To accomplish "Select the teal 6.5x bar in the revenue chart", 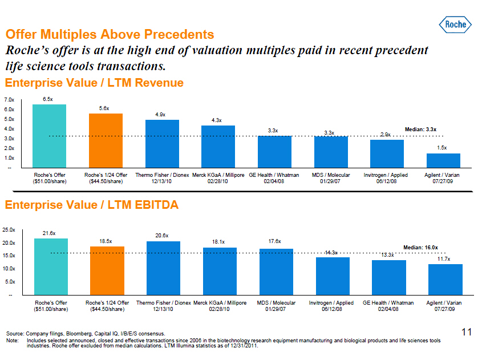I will point(49,136).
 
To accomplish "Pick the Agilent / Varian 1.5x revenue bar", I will point(443,161).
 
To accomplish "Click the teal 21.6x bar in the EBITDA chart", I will point(51,266).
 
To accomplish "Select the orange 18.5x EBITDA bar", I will point(107,270).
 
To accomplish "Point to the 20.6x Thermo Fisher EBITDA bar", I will point(163,268).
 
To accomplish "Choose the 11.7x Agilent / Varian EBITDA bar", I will point(445,280).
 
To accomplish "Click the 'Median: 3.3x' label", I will point(420,130).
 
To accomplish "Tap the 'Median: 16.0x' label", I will point(420,248).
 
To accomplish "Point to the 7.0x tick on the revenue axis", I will point(9,100).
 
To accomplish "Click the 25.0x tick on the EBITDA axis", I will point(9,230).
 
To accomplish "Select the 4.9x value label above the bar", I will point(161,115).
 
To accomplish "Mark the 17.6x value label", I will point(274,242).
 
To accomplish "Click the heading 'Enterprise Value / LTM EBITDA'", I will point(92,205).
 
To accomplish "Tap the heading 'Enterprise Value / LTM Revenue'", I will point(94,83).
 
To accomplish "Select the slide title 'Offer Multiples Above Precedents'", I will point(110,35).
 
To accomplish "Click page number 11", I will point(466,331).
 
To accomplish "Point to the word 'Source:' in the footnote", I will point(15,334).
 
